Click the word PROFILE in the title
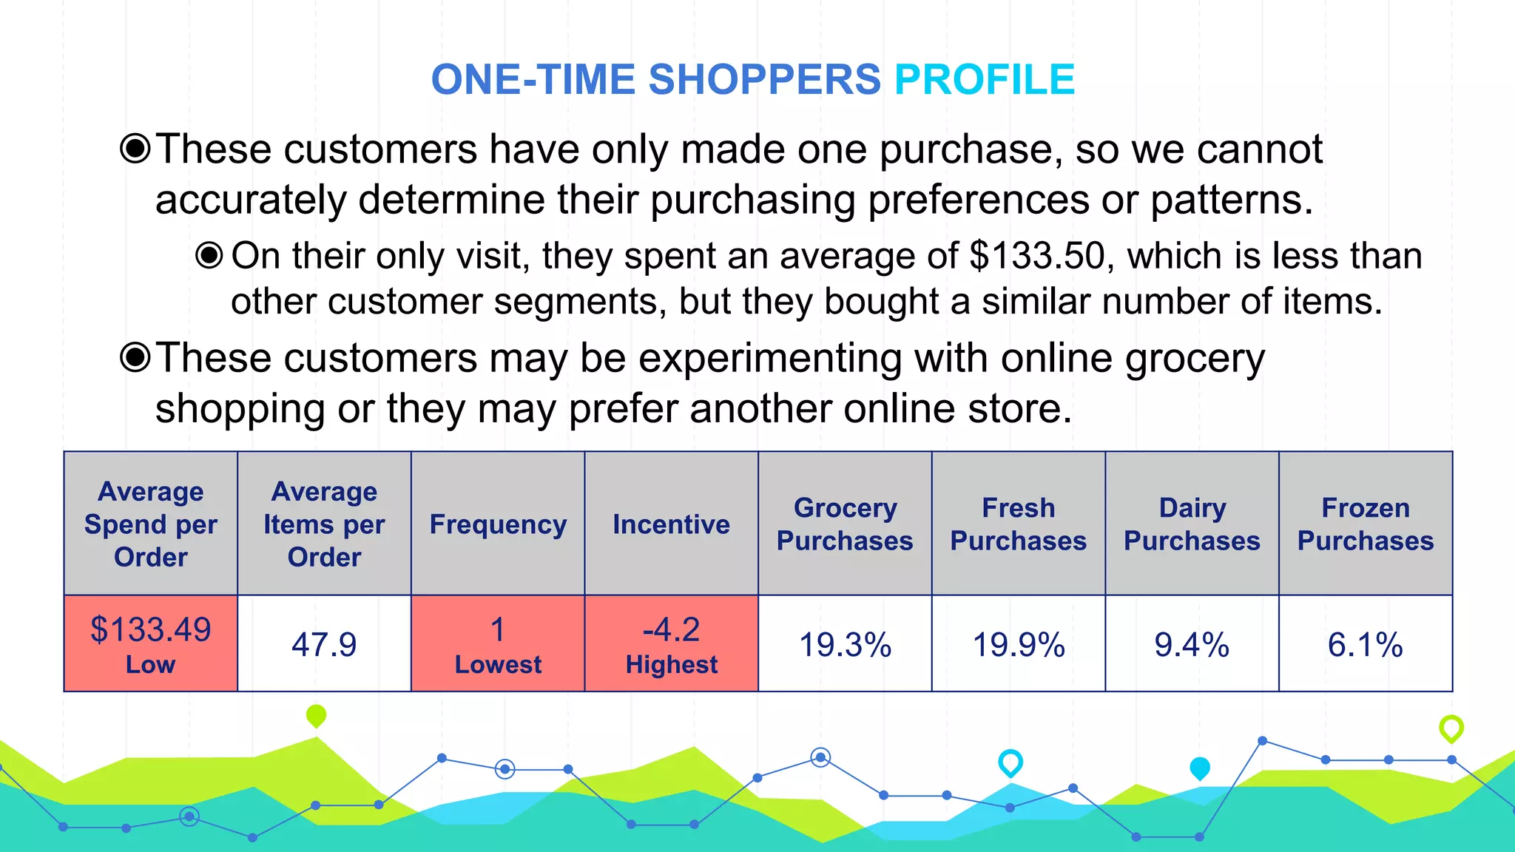[x=984, y=80]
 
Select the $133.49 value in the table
[x=151, y=629]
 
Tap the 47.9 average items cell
[x=324, y=644]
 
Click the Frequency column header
[x=498, y=524]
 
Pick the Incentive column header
[x=671, y=524]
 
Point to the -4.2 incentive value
[x=671, y=629]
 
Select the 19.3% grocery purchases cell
[x=845, y=644]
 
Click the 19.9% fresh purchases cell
[x=1019, y=644]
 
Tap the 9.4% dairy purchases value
[x=1192, y=644]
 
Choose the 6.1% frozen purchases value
[x=1365, y=644]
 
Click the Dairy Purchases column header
[x=1192, y=524]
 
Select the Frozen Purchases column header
[x=1366, y=524]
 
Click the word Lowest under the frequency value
[x=498, y=664]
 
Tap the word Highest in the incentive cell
[x=671, y=664]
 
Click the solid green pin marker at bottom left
[x=316, y=715]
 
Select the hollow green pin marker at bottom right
[x=1451, y=728]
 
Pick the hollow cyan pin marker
[x=1010, y=762]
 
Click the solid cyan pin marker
[x=1199, y=768]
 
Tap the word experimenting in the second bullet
[x=769, y=359]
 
